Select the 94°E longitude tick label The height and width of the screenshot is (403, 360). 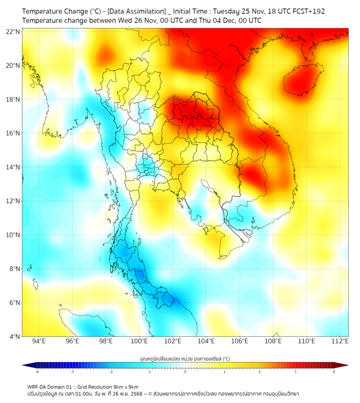(x=39, y=342)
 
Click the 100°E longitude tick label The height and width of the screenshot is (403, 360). (x=140, y=342)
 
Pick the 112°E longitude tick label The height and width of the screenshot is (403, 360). (x=340, y=342)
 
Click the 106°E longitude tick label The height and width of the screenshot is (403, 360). (x=240, y=342)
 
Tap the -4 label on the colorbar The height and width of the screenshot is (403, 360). (x=37, y=372)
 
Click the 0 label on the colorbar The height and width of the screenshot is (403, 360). (x=185, y=372)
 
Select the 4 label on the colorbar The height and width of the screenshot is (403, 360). (x=334, y=372)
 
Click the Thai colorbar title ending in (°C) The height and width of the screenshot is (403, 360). (x=185, y=359)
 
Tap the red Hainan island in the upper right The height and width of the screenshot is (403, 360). (x=301, y=80)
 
